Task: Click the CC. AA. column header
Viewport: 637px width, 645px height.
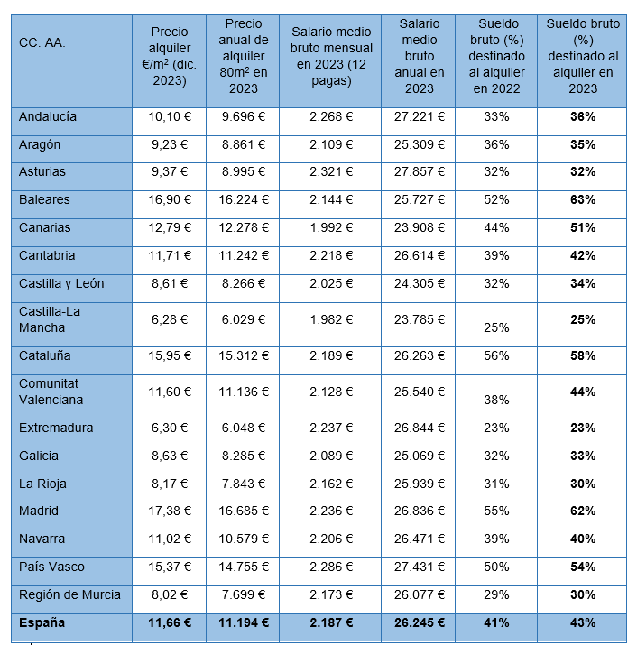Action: tap(42, 42)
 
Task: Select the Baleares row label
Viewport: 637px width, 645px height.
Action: tap(44, 199)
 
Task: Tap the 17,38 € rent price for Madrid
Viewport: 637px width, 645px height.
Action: tap(169, 511)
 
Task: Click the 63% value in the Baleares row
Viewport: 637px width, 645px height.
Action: tap(583, 199)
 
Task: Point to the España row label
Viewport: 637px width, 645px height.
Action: tap(42, 622)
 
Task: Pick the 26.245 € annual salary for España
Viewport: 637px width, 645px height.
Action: tap(420, 622)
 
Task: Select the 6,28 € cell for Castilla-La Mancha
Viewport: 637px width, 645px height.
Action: tap(169, 318)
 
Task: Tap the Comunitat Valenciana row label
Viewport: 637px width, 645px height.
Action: tap(51, 392)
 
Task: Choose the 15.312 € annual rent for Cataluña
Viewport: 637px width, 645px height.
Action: tap(243, 355)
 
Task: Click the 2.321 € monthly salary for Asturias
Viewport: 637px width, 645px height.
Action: tap(330, 171)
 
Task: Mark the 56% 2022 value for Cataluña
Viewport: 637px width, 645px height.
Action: tap(496, 355)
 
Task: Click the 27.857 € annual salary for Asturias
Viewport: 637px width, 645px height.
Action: tap(420, 171)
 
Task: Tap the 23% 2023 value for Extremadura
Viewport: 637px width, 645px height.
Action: tap(583, 428)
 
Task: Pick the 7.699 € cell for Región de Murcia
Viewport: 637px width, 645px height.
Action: tap(243, 594)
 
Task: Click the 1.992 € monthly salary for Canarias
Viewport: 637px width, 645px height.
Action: tap(330, 227)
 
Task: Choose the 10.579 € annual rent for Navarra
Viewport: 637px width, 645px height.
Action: tap(243, 539)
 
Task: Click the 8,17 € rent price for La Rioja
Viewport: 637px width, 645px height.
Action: tap(169, 484)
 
